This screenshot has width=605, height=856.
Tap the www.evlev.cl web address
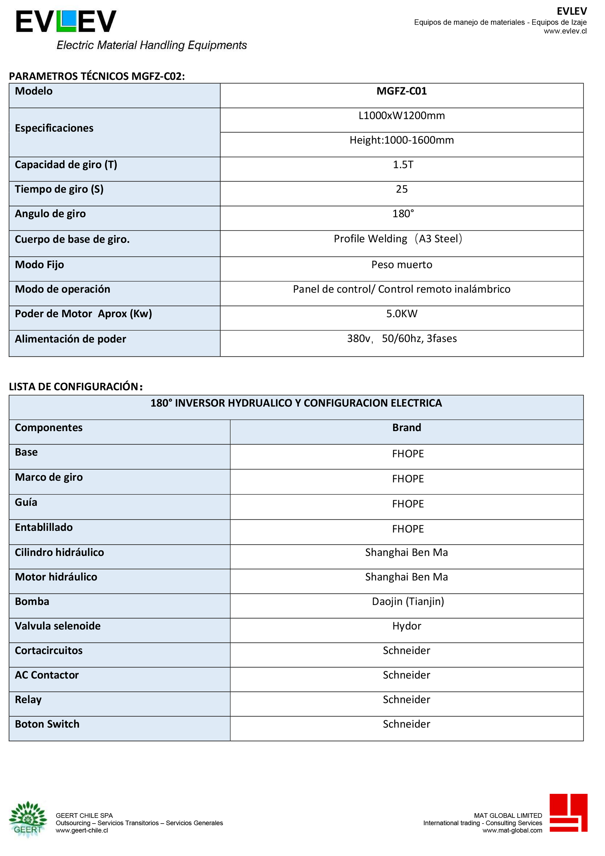[565, 31]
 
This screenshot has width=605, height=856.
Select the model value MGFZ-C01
[401, 91]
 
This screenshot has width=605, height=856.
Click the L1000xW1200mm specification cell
[401, 116]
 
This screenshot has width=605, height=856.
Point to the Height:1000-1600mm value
[401, 140]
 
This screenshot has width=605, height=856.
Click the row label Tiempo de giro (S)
[59, 189]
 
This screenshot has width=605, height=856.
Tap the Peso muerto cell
[401, 265]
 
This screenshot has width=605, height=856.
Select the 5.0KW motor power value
[401, 314]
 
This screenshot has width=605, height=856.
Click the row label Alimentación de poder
[71, 339]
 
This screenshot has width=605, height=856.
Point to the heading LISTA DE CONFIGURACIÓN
[75, 387]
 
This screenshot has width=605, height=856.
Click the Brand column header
[406, 428]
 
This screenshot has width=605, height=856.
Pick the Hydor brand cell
[406, 626]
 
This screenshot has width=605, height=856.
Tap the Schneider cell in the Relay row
[406, 700]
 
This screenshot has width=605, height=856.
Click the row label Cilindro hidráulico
[59, 552]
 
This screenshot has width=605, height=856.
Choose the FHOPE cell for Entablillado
[408, 529]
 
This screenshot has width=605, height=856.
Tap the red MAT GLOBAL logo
[568, 813]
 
